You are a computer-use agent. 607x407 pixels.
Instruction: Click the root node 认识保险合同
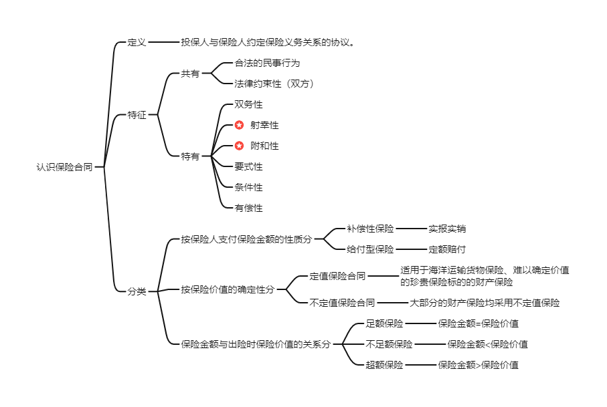coord(64,167)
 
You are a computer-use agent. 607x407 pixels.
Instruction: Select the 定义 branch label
coord(137,42)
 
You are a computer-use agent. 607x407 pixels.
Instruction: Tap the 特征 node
coord(137,115)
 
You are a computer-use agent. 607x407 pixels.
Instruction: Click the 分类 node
coord(137,291)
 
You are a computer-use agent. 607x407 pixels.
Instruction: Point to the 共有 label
coord(190,74)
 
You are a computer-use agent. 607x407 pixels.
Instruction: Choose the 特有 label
coord(190,156)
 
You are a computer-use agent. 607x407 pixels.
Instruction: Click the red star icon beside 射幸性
coord(239,125)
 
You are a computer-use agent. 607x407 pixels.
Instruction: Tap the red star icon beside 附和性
coord(239,146)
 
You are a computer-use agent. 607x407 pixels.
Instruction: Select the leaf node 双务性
coord(248,104)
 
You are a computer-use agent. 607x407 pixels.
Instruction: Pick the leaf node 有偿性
coord(248,208)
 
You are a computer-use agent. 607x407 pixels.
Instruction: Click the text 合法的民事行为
coord(267,63)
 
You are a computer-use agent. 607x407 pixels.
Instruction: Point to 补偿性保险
coord(370,229)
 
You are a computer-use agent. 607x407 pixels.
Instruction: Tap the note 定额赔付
coord(447,249)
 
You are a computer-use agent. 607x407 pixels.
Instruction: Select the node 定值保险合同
coord(337,275)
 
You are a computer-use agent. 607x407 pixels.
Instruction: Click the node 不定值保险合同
coord(342,302)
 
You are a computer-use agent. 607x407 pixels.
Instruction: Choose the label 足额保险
coord(384,323)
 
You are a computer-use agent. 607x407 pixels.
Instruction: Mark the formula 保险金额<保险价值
coord(487,344)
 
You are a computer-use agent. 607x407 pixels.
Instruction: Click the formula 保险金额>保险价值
coord(478,365)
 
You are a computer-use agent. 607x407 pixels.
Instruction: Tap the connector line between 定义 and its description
coord(163,42)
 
